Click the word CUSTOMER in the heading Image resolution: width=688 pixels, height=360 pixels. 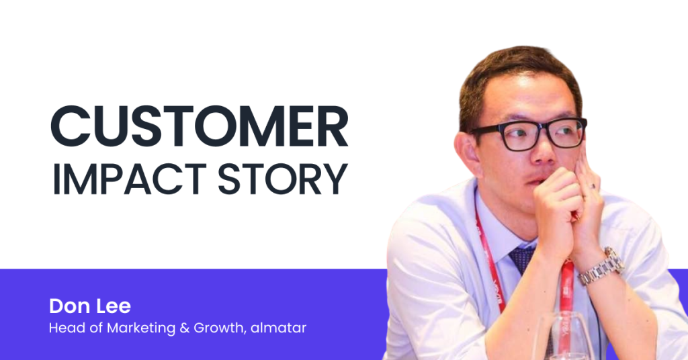coord(200,126)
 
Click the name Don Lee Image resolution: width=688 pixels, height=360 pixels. coord(90,306)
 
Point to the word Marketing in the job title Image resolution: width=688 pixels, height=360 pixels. coord(141,328)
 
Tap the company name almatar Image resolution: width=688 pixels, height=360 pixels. coord(278,328)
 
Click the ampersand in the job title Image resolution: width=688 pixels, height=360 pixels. coord(184,328)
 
